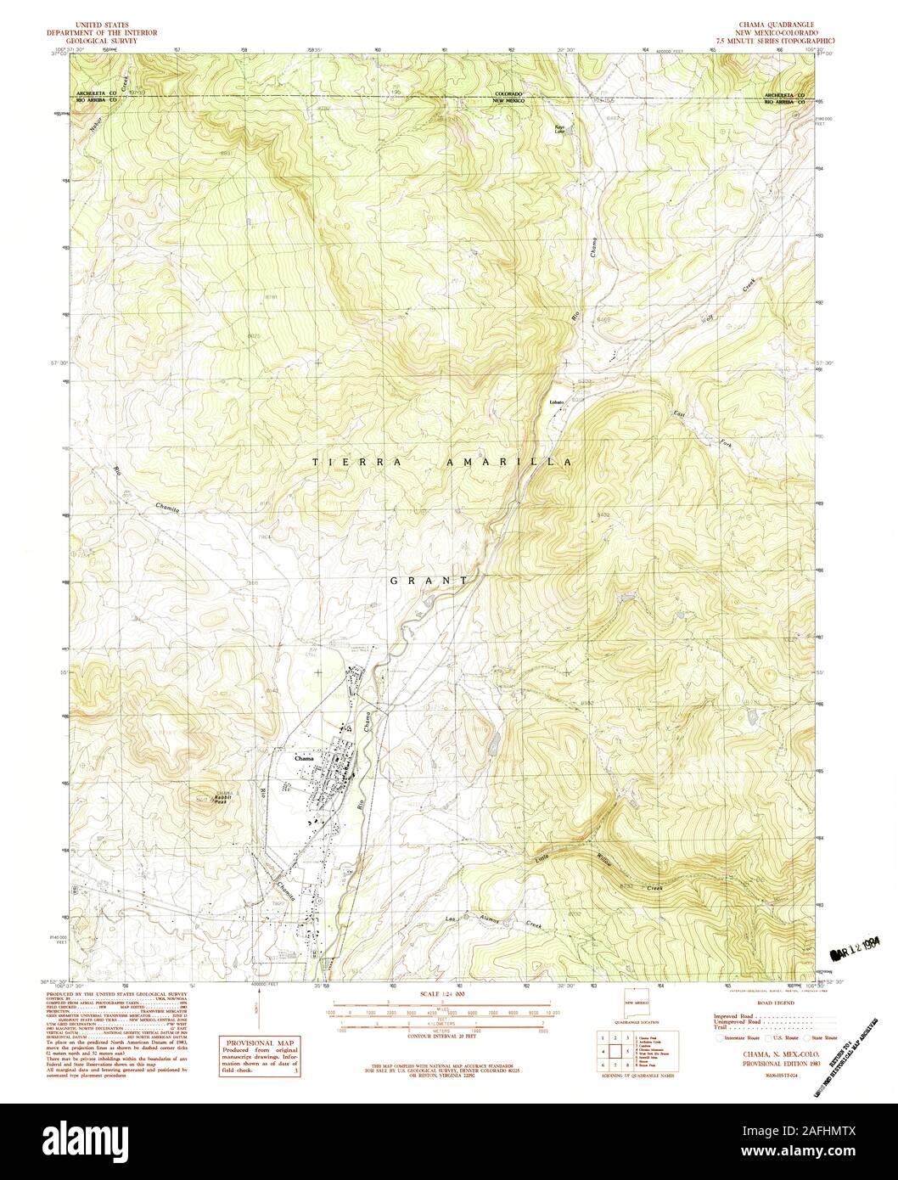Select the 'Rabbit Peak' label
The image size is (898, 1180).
(223, 796)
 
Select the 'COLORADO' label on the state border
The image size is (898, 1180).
(512, 93)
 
